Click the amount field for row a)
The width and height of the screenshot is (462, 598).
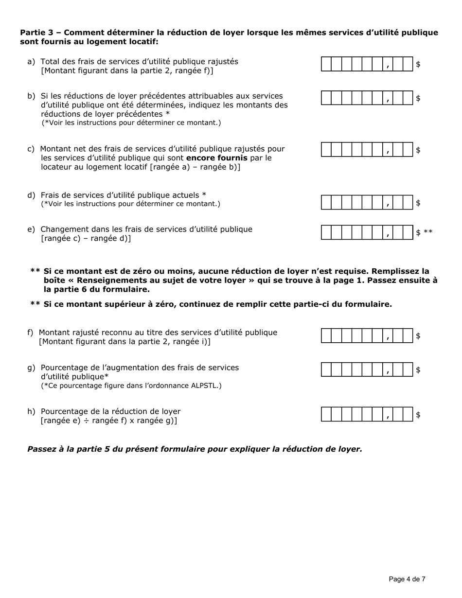pyautogui.click(x=367, y=64)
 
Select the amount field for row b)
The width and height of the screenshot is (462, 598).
pyautogui.click(x=367, y=98)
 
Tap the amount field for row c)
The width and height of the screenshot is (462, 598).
pyautogui.click(x=367, y=150)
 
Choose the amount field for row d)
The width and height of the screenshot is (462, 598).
pyautogui.click(x=367, y=203)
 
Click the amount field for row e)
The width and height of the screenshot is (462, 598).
pyautogui.click(x=367, y=232)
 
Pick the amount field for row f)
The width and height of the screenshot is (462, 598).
pyautogui.click(x=367, y=336)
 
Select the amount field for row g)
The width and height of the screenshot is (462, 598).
pyautogui.click(x=367, y=370)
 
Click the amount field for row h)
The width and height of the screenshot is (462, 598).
pyautogui.click(x=367, y=415)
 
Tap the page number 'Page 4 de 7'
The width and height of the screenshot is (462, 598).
pyautogui.click(x=407, y=579)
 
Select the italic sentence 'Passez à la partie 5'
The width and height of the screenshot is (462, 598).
pyautogui.click(x=195, y=449)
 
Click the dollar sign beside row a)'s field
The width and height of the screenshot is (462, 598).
pyautogui.click(x=418, y=64)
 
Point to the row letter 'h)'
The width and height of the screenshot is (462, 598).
pyautogui.click(x=31, y=411)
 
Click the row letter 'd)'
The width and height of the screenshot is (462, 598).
pyautogui.click(x=31, y=195)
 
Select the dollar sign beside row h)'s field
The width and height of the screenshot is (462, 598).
pyautogui.click(x=418, y=415)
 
